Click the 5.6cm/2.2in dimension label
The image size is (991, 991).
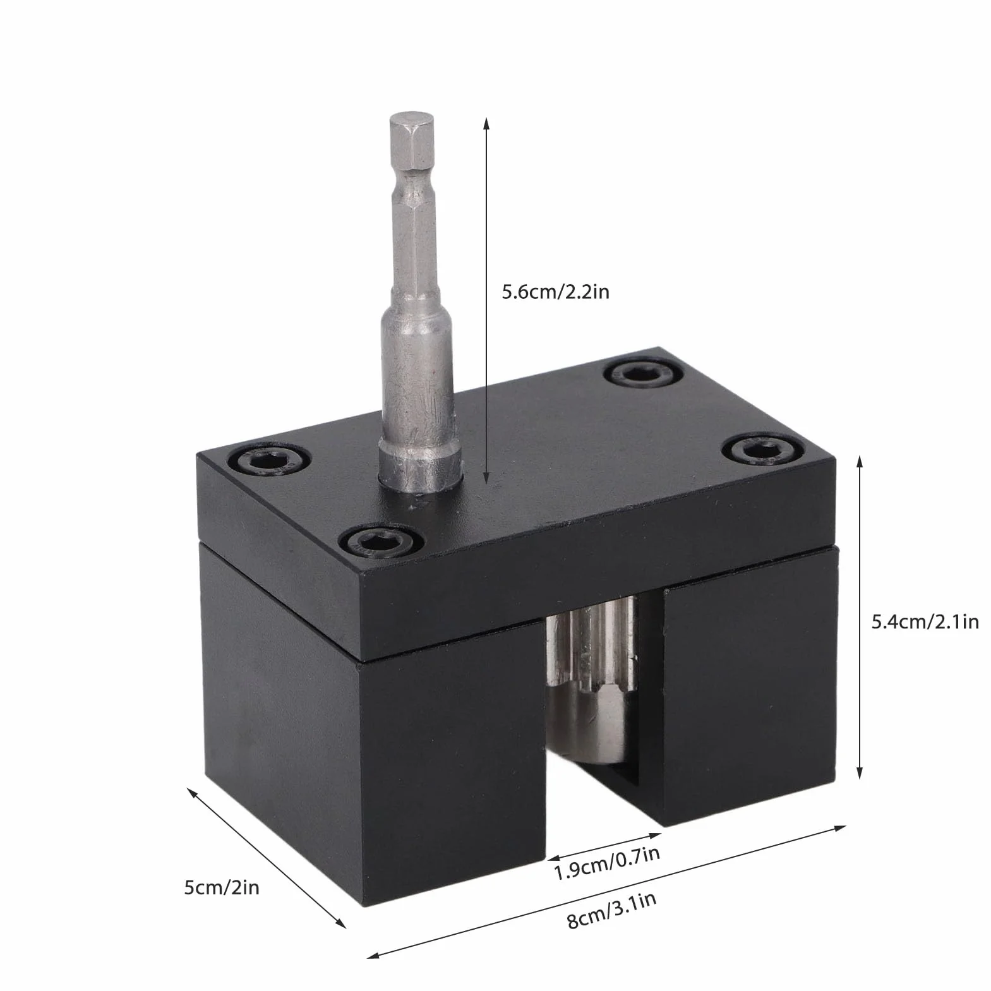click(555, 292)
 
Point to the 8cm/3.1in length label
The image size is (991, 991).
click(611, 910)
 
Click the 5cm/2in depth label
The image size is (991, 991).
click(222, 887)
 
